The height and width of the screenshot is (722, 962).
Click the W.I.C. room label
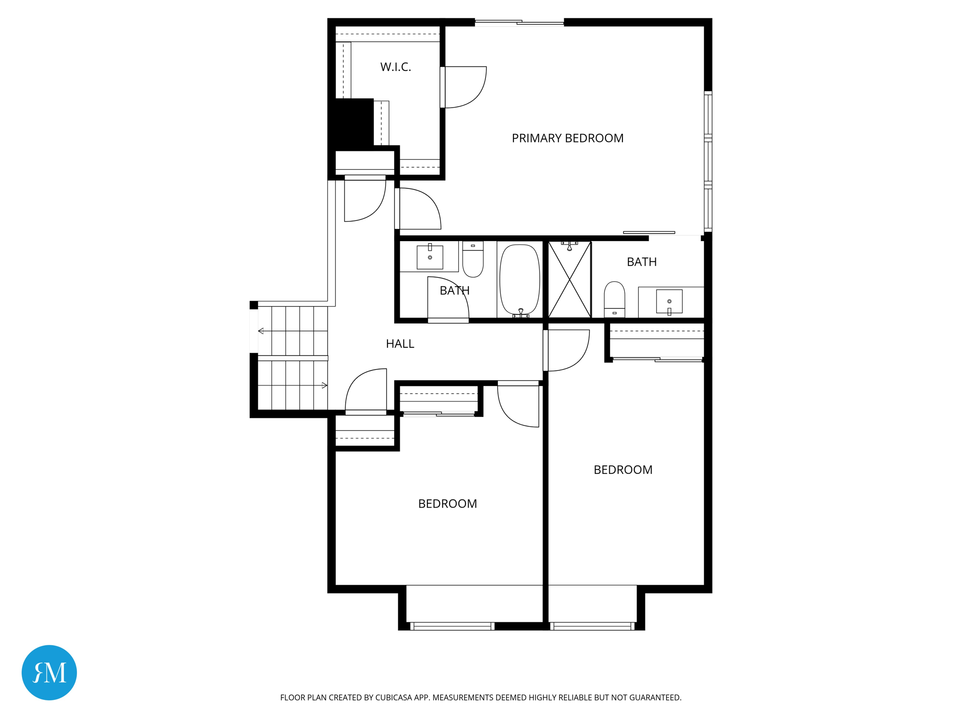[396, 67]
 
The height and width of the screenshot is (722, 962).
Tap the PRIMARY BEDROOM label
[567, 138]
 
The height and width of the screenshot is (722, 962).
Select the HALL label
[400, 344]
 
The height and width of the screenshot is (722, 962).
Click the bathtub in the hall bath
[520, 279]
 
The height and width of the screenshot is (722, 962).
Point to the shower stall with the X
[569, 280]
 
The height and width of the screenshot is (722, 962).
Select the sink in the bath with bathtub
[430, 257]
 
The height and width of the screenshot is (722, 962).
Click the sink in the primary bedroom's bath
[669, 301]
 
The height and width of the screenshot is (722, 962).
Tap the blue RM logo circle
[49, 672]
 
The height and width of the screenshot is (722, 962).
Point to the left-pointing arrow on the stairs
[261, 331]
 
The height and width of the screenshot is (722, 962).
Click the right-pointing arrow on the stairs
[324, 385]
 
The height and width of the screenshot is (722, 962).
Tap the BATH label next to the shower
[642, 262]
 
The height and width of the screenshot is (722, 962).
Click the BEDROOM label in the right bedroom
[623, 470]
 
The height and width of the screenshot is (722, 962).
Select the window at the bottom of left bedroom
[452, 626]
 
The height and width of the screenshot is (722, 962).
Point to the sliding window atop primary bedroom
[519, 22]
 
